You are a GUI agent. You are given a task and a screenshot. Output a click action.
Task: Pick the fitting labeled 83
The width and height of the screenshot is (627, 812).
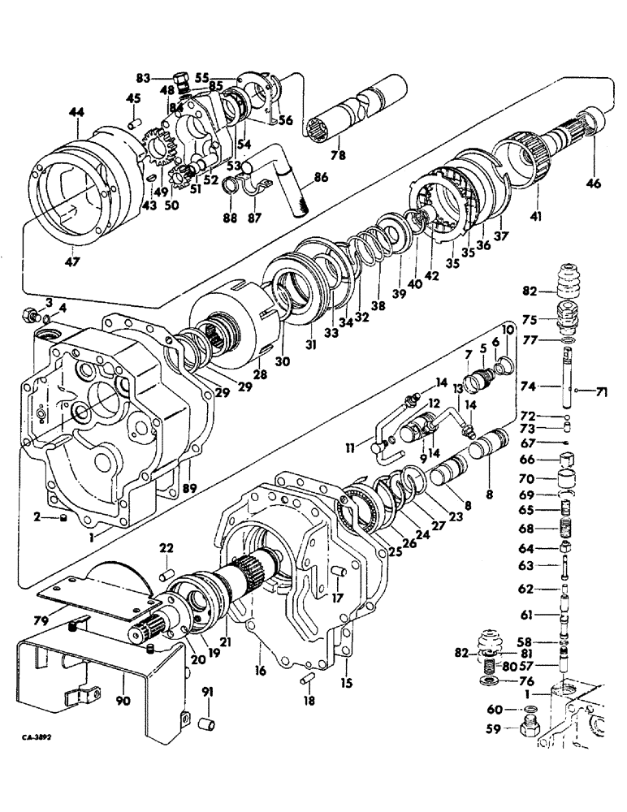[x=183, y=79]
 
